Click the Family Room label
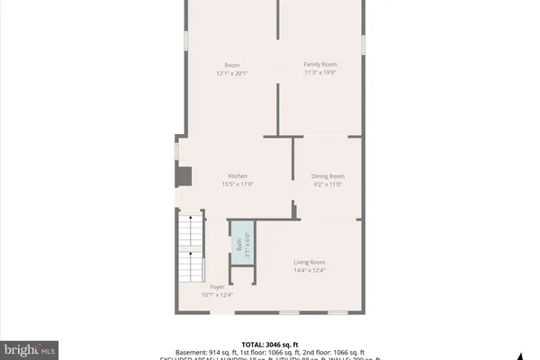point(319,65)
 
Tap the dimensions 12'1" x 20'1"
point(231,74)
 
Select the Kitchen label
point(238,175)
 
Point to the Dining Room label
point(328,175)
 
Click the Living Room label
point(309,262)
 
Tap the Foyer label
point(217,286)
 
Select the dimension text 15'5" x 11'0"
point(238,184)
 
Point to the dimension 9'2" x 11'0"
point(328,184)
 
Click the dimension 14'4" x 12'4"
point(309,270)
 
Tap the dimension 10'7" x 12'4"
point(217,294)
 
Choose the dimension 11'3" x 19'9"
point(319,74)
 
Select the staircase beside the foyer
point(189,247)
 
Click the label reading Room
point(231,65)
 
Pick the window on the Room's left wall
point(186,41)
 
